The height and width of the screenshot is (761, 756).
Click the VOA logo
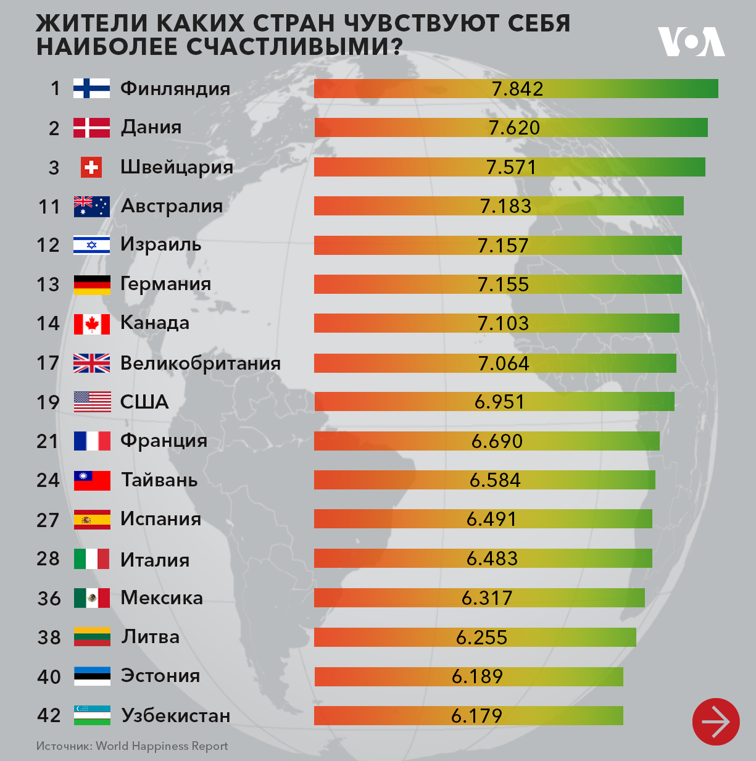(x=691, y=41)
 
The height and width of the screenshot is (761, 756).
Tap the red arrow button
(x=715, y=721)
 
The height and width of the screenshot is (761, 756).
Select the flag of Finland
(x=91, y=88)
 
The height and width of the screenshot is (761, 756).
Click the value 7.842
(x=517, y=89)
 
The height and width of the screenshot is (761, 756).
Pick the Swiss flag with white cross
(x=91, y=167)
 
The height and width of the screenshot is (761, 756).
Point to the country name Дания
(x=151, y=127)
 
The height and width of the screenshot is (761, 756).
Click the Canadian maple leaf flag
(x=91, y=323)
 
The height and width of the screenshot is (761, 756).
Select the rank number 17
(x=48, y=363)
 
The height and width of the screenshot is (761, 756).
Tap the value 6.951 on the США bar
(x=499, y=402)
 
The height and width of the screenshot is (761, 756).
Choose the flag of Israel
(x=91, y=245)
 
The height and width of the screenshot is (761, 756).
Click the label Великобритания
(x=200, y=363)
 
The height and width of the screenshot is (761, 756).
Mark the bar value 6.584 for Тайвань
(x=495, y=480)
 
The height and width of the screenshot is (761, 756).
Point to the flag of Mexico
(x=91, y=597)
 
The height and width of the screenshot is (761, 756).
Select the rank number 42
(x=49, y=715)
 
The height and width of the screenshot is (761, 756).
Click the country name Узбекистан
(x=175, y=715)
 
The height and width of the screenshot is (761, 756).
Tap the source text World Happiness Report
(x=162, y=746)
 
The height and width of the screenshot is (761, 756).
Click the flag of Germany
(x=91, y=285)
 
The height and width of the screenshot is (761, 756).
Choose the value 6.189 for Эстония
(x=477, y=676)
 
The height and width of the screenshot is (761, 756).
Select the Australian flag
(x=91, y=206)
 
